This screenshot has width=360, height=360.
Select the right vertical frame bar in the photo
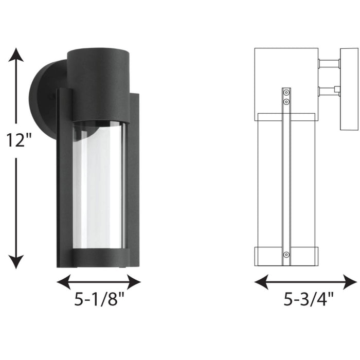click(x=133, y=180)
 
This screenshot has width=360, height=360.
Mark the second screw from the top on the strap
click(x=286, y=102)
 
